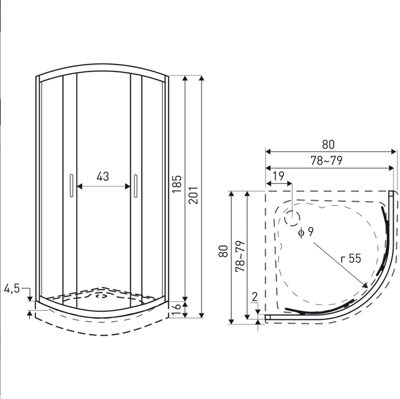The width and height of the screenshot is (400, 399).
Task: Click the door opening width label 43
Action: tap(103, 177)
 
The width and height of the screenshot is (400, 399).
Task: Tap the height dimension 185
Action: tap(177, 184)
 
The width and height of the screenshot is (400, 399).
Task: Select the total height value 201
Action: tap(193, 195)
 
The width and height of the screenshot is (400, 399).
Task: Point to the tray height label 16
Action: tap(177, 310)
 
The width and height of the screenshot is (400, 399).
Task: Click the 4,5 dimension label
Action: tap(12, 288)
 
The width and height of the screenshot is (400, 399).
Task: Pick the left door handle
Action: tap(71, 186)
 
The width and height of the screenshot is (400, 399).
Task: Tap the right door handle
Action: tap(135, 186)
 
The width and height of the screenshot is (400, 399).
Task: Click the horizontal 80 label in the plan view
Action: tap(328, 144)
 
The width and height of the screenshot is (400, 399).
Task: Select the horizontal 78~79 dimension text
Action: tap(326, 160)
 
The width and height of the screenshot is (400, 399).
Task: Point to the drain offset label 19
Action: tap(278, 176)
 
